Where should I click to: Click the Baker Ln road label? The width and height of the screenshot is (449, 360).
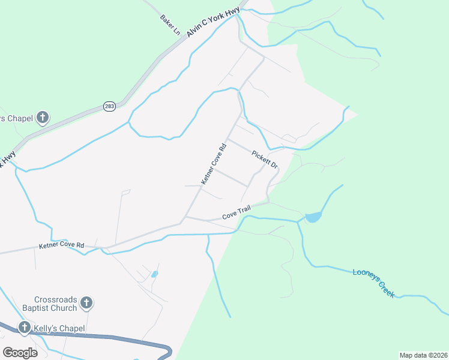coord(170,24)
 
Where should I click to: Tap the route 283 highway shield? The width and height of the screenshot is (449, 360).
coord(109,106)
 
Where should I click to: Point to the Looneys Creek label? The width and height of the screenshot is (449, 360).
coord(373,282)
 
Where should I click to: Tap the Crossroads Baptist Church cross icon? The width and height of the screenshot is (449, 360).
coord(86,303)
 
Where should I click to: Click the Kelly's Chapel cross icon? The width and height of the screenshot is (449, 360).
coord(25,328)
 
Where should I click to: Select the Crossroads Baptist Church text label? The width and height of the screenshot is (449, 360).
coord(56,304)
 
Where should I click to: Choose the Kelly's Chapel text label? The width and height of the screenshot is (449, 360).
coord(59,328)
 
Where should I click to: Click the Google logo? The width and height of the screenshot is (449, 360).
coord(20,352)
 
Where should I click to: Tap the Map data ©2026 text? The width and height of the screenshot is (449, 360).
coord(423,355)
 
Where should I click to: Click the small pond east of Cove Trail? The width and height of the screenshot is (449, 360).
coord(313,217)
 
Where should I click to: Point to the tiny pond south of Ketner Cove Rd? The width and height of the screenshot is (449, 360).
coord(155,274)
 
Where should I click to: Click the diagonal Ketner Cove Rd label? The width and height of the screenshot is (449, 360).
coord(214,163)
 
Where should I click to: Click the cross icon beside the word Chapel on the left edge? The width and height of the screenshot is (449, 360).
coord(42,118)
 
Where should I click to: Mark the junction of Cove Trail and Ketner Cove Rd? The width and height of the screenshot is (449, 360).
coord(185,217)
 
